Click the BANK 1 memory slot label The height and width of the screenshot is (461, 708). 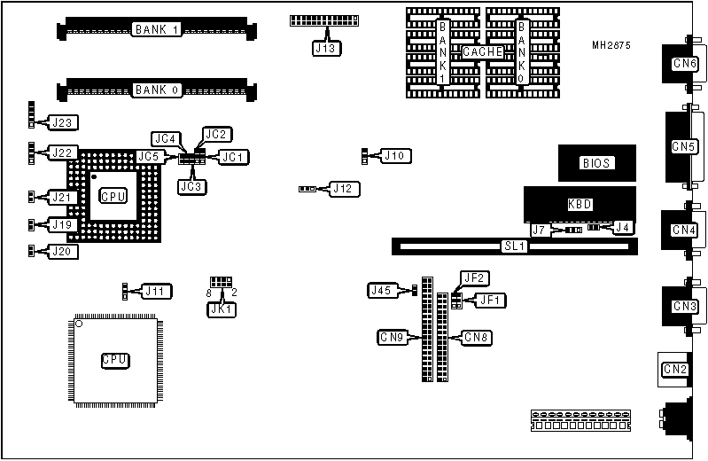coord(157,29)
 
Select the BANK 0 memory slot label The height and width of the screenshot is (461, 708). coord(157,90)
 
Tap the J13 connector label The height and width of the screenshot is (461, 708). coord(325,49)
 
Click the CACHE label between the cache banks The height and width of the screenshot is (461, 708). coord(483,52)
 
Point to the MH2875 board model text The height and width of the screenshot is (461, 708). coord(611,46)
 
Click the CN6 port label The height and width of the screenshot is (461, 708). coord(684,64)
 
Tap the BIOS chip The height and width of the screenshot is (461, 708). coord(596,163)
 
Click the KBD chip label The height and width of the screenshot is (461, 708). coord(580,205)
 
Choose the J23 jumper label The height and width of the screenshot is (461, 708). coord(64,122)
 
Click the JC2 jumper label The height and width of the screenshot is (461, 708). coord(217,135)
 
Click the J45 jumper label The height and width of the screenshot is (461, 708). coord(381,290)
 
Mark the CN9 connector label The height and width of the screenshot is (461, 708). coord(393,337)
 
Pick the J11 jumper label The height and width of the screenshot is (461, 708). coord(158,291)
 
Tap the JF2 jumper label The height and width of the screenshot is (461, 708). coord(475,278)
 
